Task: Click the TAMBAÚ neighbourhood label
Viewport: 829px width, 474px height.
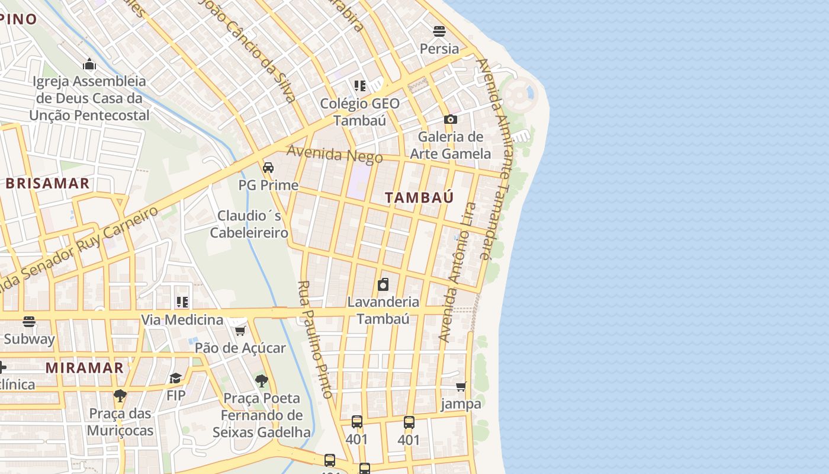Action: point(419,197)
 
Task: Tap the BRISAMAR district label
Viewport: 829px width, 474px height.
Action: point(47,183)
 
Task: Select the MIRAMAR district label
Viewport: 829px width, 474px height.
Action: point(85,367)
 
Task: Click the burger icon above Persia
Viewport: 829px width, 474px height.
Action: point(439,31)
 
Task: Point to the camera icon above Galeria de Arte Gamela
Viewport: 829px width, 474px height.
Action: point(451,119)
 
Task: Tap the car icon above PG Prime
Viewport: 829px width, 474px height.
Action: point(268,168)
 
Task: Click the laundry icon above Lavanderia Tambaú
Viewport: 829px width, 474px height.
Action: point(383,284)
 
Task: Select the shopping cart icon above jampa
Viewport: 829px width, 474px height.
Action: point(461,386)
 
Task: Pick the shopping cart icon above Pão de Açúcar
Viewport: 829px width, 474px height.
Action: point(240,331)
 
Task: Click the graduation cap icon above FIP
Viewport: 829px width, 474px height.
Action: point(176,378)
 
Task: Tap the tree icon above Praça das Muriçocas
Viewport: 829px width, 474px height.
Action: point(120,395)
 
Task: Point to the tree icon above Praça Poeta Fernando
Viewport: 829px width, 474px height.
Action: point(261,380)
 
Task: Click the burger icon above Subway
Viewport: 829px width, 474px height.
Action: point(29,322)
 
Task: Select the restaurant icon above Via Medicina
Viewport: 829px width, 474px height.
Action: point(182,302)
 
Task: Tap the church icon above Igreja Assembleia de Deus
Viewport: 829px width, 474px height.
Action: point(89,64)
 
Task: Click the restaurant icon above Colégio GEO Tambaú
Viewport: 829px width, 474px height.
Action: point(359,86)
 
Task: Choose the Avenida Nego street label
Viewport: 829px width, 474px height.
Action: point(335,155)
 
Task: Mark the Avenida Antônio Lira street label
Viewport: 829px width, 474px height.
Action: point(457,273)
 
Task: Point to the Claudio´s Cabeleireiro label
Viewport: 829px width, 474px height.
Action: point(249,224)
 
